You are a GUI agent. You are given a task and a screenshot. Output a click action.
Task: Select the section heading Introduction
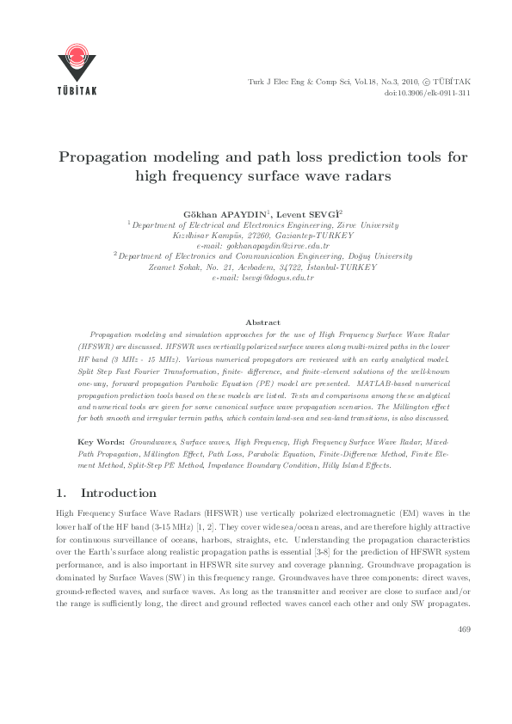pyautogui.click(x=118, y=493)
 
